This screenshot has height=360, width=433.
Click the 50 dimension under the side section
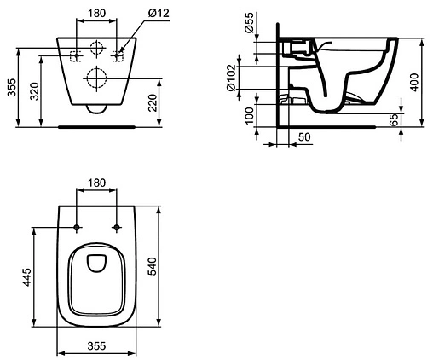click(x=304, y=136)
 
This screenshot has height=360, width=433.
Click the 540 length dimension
click(x=153, y=264)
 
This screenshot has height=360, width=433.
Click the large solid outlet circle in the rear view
click(x=95, y=80)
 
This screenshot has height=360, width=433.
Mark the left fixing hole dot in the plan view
click(x=77, y=228)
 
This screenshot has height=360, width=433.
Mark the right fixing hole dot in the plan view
click(x=114, y=228)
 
